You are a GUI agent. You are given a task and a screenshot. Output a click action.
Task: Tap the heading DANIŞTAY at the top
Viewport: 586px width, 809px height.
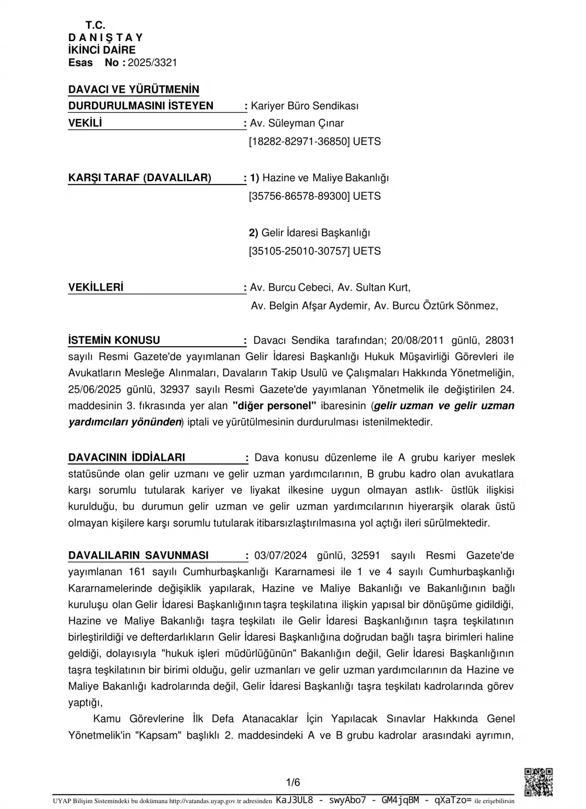click(x=105, y=38)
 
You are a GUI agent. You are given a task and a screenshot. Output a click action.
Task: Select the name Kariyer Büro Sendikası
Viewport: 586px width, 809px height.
click(x=304, y=106)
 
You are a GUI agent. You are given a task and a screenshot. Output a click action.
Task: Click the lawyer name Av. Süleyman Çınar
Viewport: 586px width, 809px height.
click(x=297, y=123)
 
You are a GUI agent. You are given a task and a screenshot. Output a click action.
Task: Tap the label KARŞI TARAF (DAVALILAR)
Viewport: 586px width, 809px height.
click(x=140, y=178)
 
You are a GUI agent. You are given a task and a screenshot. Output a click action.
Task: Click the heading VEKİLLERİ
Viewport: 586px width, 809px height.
click(x=96, y=287)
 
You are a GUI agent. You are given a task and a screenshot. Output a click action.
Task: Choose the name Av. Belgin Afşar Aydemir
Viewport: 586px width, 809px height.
click(x=309, y=306)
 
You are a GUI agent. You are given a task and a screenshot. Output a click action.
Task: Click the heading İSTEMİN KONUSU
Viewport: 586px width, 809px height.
click(x=114, y=340)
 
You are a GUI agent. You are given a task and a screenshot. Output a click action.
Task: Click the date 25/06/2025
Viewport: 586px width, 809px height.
click(x=95, y=389)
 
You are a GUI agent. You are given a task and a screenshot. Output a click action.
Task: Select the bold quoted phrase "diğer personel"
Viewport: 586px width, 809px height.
click(x=275, y=406)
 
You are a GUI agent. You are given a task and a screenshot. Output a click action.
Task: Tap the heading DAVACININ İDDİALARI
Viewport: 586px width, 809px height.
click(x=126, y=458)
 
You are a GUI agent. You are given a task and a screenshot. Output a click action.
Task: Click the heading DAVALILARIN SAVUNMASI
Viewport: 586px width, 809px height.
click(x=138, y=556)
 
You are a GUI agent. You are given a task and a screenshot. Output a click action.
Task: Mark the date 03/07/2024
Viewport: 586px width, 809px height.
click(x=281, y=556)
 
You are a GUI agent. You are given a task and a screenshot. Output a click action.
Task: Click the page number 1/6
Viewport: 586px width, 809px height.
click(x=293, y=782)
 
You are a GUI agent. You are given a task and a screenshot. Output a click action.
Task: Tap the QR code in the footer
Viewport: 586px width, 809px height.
click(x=538, y=782)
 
